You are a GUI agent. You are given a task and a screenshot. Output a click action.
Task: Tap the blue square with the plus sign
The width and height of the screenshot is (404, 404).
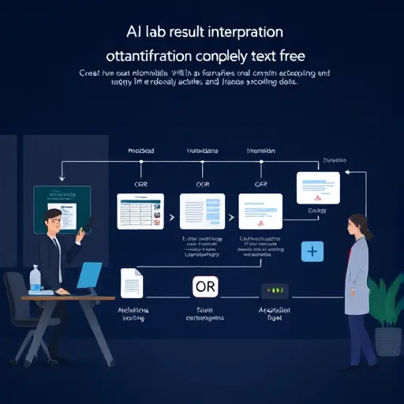click(313, 252)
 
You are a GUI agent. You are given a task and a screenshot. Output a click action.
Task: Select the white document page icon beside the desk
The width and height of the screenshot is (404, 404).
click(131, 283)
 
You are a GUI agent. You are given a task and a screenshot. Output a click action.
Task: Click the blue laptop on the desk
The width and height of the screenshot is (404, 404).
click(88, 276)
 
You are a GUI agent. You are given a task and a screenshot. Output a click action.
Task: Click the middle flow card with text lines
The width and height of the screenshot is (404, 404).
click(204, 211)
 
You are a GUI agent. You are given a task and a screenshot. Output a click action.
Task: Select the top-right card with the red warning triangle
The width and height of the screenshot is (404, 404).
click(317, 189)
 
